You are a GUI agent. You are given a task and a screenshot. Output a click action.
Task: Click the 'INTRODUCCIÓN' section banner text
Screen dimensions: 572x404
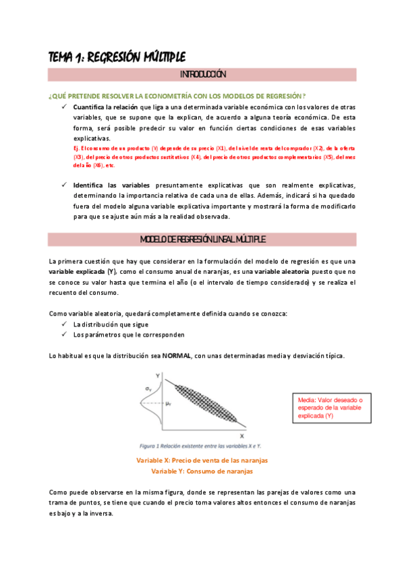pos(202,74)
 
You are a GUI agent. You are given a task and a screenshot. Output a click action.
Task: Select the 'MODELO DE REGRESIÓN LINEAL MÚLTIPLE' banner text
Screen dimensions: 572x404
pos(202,239)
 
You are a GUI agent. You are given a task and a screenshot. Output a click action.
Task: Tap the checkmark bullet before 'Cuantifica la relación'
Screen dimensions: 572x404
pos(63,107)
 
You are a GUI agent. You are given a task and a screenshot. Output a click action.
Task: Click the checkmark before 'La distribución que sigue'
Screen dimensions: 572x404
pos(63,324)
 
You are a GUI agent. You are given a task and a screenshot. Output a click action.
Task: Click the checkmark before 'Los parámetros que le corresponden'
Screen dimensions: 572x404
pos(63,335)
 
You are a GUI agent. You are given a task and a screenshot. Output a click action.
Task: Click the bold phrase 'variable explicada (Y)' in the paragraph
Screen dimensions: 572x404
pos(83,271)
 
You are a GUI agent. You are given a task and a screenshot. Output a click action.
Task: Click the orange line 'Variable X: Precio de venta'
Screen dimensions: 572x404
pos(202,460)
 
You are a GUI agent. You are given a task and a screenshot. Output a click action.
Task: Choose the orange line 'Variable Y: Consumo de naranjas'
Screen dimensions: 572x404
pos(202,471)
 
